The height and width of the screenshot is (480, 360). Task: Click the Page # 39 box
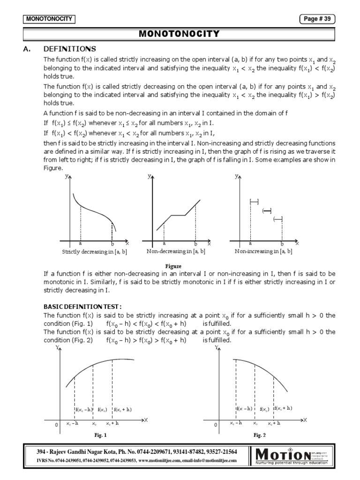(317, 19)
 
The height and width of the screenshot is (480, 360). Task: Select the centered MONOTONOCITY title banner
(180, 34)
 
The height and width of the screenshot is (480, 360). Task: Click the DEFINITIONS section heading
(69, 49)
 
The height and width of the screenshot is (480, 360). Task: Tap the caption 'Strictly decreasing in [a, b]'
(95, 252)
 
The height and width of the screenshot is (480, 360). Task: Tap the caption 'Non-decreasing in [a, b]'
(176, 252)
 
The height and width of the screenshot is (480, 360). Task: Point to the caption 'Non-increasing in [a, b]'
(263, 252)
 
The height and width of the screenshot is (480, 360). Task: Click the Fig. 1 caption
(100, 435)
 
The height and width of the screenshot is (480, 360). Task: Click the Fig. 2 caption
(260, 435)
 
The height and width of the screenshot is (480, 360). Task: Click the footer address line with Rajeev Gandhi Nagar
(136, 451)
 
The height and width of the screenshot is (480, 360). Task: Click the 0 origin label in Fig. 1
(56, 425)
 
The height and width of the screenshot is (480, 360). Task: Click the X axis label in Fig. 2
(305, 420)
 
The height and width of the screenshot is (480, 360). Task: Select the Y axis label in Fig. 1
(57, 348)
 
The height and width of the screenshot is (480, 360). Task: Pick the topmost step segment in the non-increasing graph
(254, 202)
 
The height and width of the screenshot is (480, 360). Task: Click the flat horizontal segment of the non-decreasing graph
(179, 216)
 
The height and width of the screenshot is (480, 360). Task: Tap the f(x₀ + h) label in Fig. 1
(122, 409)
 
